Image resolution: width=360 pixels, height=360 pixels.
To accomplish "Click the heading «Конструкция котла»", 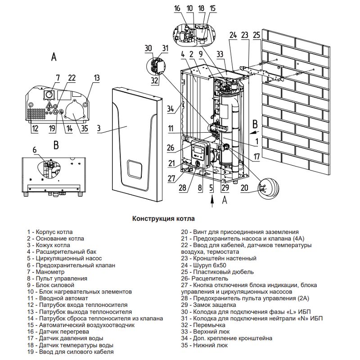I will [163, 218].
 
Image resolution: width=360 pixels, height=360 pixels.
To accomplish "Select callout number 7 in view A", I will [58, 78].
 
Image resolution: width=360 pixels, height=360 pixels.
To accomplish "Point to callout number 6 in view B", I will [34, 149].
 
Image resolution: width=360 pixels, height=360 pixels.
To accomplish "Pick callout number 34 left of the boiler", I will [170, 108].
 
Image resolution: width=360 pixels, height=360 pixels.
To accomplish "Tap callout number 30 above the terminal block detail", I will [148, 48].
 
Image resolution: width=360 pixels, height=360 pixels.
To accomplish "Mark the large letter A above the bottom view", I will [54, 57].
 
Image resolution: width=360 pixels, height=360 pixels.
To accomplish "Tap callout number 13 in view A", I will [97, 78].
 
